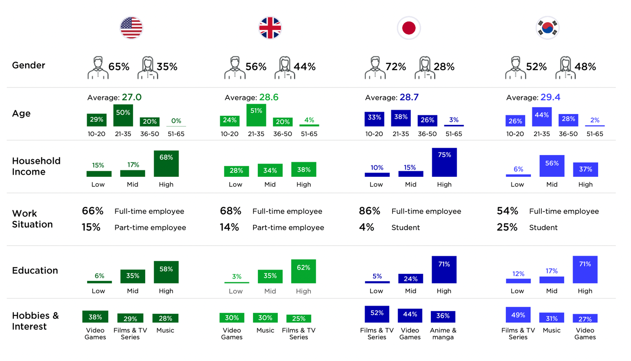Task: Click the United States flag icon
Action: [131, 28]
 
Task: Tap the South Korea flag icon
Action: [548, 28]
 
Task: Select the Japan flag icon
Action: [409, 28]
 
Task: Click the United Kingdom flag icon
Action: [270, 28]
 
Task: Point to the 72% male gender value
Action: [396, 67]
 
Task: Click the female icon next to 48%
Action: [566, 68]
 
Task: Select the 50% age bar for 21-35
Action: [123, 115]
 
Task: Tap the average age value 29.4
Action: [550, 98]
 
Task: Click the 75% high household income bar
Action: [444, 162]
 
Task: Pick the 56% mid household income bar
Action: [552, 166]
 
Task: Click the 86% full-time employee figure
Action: [369, 211]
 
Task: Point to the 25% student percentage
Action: [507, 227]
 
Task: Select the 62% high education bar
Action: [303, 271]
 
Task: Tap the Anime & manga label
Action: [443, 333]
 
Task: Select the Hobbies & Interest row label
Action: [35, 321]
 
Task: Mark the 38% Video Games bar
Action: [95, 317]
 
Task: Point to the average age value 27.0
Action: [132, 98]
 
